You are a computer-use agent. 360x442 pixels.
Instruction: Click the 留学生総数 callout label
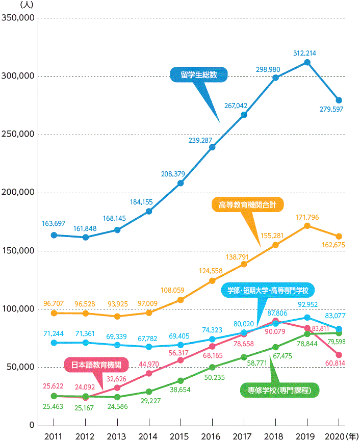pyautogui.click(x=198, y=74)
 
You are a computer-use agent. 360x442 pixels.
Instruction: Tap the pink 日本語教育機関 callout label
pyautogui.click(x=96, y=365)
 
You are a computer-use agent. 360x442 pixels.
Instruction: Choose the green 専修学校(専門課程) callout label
pyautogui.click(x=279, y=391)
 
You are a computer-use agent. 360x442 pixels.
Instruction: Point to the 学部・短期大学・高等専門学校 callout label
pyautogui.click(x=268, y=291)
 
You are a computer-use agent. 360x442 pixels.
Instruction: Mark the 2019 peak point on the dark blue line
pyautogui.click(x=307, y=62)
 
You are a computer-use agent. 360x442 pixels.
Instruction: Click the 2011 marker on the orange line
pyautogui.click(x=54, y=313)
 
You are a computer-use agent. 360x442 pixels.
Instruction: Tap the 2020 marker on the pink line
pyautogui.click(x=339, y=354)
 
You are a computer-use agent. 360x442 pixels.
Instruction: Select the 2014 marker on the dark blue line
pyautogui.click(x=149, y=211)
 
